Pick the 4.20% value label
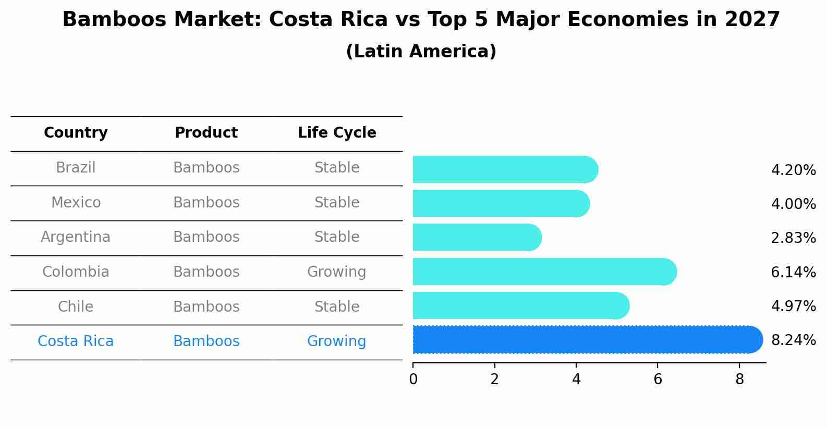793,170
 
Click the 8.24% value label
793,340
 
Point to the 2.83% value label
793,238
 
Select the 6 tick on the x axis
658,379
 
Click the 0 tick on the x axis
413,379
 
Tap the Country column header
76,133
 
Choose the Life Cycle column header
337,133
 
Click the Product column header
206,133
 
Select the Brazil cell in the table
76,168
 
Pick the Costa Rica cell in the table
76,341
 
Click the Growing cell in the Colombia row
336,272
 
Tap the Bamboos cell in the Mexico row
206,203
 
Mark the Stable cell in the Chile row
336,307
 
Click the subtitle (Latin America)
421,52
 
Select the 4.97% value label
793,306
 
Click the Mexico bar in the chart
501,203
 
